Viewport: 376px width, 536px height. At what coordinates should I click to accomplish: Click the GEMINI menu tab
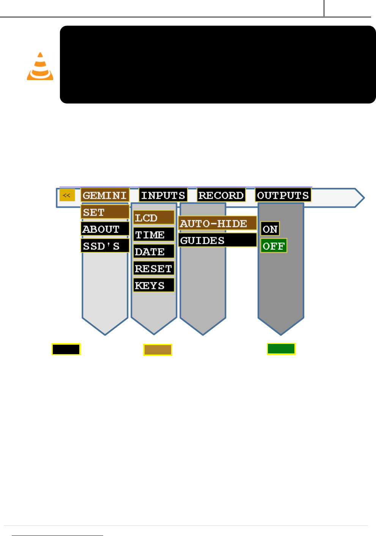pyautogui.click(x=105, y=195)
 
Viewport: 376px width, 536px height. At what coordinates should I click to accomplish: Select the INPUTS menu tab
pyautogui.click(x=163, y=195)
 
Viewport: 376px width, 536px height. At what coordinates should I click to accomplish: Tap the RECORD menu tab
pyautogui.click(x=221, y=195)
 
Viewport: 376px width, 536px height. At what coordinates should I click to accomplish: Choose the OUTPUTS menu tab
pyautogui.click(x=283, y=195)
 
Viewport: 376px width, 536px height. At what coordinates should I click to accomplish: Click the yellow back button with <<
pyautogui.click(x=67, y=195)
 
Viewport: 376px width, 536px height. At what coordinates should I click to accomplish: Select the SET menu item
pyautogui.click(x=105, y=212)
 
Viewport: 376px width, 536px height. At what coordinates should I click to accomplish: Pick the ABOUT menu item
pyautogui.click(x=105, y=229)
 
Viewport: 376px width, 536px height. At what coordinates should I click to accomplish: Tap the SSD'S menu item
pyautogui.click(x=105, y=246)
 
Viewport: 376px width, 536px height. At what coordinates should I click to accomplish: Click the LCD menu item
pyautogui.click(x=154, y=218)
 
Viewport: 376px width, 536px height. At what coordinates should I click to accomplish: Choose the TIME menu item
pyautogui.click(x=154, y=235)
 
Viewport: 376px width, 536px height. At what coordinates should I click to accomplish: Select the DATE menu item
pyautogui.click(x=154, y=251)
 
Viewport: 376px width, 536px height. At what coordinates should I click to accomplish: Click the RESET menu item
pyautogui.click(x=154, y=268)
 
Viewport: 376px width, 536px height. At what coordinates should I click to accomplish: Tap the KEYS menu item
pyautogui.click(x=154, y=285)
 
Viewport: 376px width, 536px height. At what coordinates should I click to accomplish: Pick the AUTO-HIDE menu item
pyautogui.click(x=217, y=223)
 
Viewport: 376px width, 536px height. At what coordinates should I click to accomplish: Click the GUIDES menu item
pyautogui.click(x=217, y=240)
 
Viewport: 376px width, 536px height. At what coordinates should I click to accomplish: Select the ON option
pyautogui.click(x=270, y=229)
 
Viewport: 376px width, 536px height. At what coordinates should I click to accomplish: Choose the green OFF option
pyautogui.click(x=274, y=246)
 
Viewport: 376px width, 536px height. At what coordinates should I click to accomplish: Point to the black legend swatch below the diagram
pyautogui.click(x=66, y=349)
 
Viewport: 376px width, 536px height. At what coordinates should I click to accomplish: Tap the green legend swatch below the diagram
pyautogui.click(x=281, y=349)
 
